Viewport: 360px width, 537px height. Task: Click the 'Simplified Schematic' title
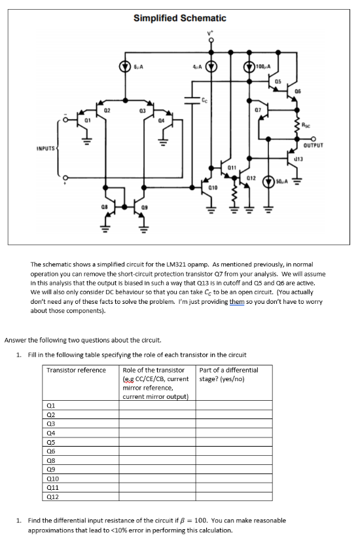tap(180, 18)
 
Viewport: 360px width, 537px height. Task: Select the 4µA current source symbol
tap(211, 65)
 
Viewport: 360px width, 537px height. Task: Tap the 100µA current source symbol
tap(249, 66)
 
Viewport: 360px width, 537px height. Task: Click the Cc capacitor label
tap(205, 100)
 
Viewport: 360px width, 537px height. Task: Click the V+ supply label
tap(211, 31)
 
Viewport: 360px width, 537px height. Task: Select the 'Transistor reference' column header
tap(77, 370)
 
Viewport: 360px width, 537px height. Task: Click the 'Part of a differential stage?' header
tap(229, 374)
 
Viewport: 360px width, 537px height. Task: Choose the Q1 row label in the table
tap(52, 406)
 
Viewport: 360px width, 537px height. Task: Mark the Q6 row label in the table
tap(52, 452)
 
